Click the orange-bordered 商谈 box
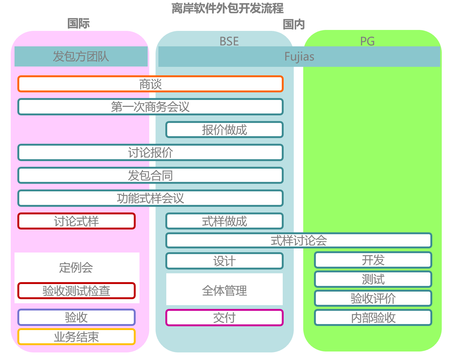point(150,84)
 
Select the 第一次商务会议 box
point(150,107)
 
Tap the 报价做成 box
point(224,130)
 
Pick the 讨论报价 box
point(150,153)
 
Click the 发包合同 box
point(150,176)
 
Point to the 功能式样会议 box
point(150,198)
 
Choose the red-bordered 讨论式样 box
point(76,221)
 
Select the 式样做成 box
point(224,221)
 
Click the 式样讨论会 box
point(298,241)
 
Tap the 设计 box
point(224,261)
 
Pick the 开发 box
point(373,260)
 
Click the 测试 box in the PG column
point(373,279)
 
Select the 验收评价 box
point(373,298)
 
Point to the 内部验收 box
point(373,318)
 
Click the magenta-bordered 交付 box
point(224,318)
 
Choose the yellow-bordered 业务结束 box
point(76,337)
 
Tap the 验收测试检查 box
point(76,291)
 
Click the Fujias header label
point(299,57)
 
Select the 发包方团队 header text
point(81,57)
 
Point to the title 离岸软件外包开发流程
point(227,9)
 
